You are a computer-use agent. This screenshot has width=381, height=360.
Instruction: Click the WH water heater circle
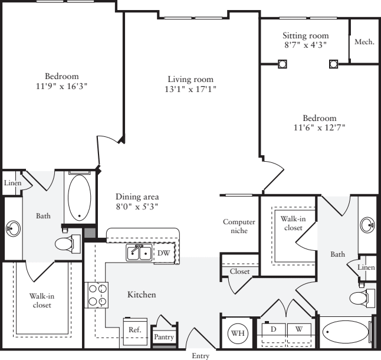(238, 333)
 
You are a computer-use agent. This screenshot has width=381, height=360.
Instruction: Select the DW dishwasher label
(163, 253)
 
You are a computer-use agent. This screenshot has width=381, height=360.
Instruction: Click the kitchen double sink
(139, 253)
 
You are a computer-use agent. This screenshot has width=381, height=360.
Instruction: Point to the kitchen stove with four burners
(98, 294)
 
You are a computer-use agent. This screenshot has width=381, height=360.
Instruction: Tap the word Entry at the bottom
(200, 356)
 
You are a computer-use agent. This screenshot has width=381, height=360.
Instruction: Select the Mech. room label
(364, 42)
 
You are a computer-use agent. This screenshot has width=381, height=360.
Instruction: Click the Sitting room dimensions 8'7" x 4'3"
(305, 45)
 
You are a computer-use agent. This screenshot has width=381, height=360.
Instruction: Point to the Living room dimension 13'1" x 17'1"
(190, 90)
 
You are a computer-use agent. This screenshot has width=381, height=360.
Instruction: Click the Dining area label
(137, 197)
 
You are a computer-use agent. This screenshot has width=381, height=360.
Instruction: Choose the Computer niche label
(238, 226)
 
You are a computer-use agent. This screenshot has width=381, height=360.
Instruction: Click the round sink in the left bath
(13, 227)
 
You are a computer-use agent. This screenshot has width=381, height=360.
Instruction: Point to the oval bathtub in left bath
(79, 198)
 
